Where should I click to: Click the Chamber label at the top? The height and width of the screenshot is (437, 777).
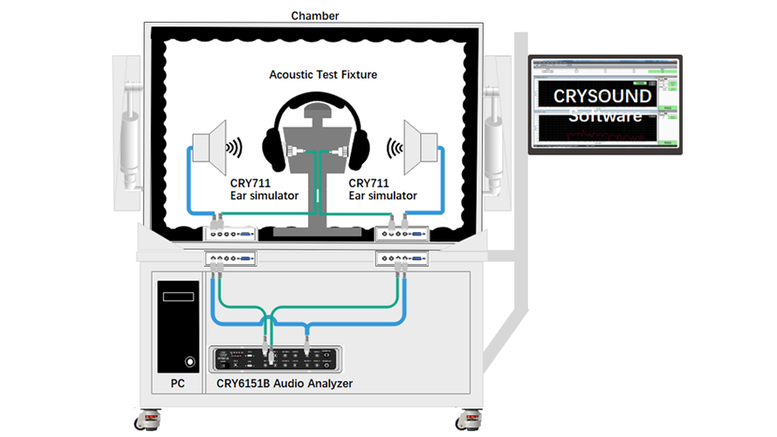pyautogui.click(x=314, y=16)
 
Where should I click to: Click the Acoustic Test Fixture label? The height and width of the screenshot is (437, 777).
pyautogui.click(x=323, y=75)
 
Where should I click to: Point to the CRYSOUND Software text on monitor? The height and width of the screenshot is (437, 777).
pyautogui.click(x=602, y=106)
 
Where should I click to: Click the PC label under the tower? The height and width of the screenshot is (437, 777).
pyautogui.click(x=175, y=384)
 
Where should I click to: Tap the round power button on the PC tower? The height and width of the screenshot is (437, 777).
pyautogui.click(x=189, y=360)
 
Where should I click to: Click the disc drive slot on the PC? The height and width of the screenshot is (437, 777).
pyautogui.click(x=178, y=297)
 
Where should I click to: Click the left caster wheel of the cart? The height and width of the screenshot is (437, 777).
pyautogui.click(x=143, y=422)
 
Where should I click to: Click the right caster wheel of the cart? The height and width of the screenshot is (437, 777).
pyautogui.click(x=471, y=422)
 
